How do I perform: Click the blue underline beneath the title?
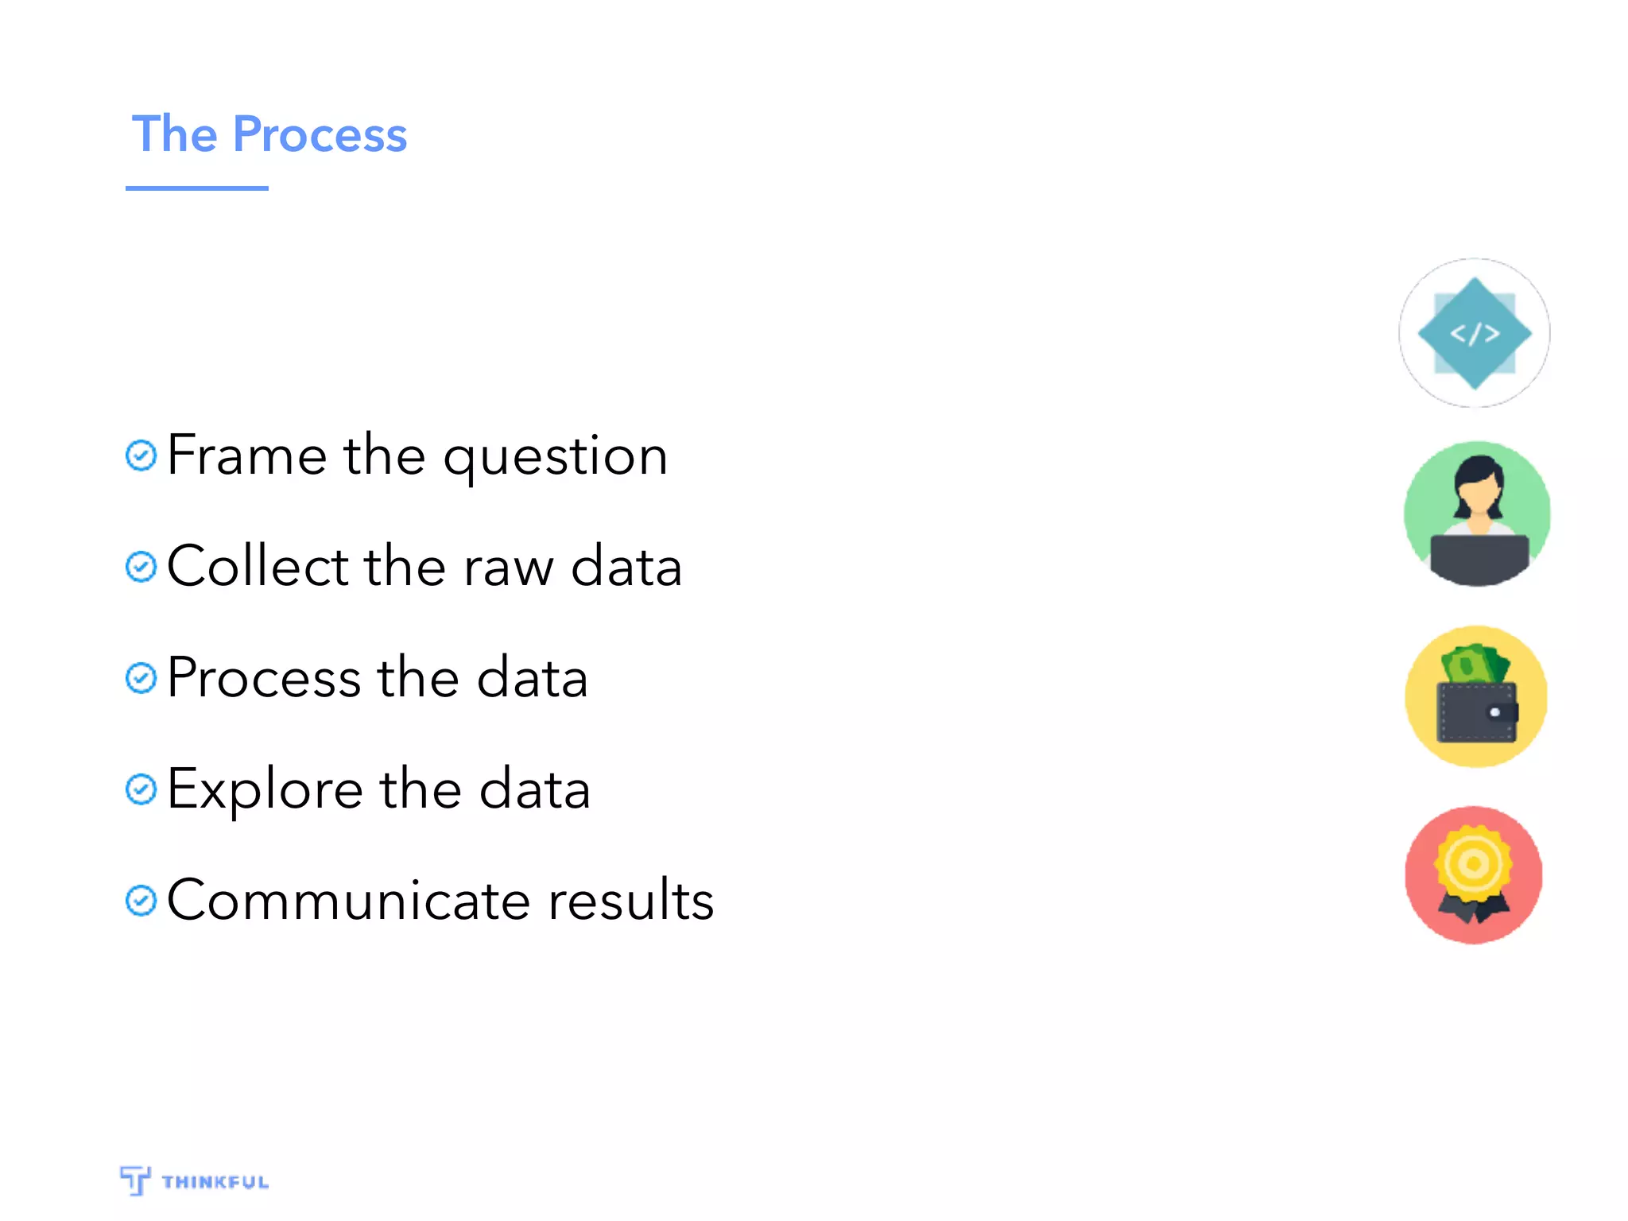tap(196, 188)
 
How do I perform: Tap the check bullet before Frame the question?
tap(141, 455)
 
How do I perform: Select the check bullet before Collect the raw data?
tap(141, 567)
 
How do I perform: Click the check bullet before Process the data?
tap(141, 678)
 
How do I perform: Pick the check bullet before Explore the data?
tap(141, 789)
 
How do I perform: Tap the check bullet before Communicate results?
tap(141, 901)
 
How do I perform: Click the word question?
tap(555, 457)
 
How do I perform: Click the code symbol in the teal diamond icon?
tap(1475, 333)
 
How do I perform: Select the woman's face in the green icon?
tap(1479, 497)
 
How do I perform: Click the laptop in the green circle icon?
tap(1479, 556)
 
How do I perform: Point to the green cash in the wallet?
tap(1475, 664)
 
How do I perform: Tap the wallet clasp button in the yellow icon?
tap(1495, 712)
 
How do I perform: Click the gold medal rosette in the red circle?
tap(1473, 864)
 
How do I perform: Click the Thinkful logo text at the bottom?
tap(215, 1182)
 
